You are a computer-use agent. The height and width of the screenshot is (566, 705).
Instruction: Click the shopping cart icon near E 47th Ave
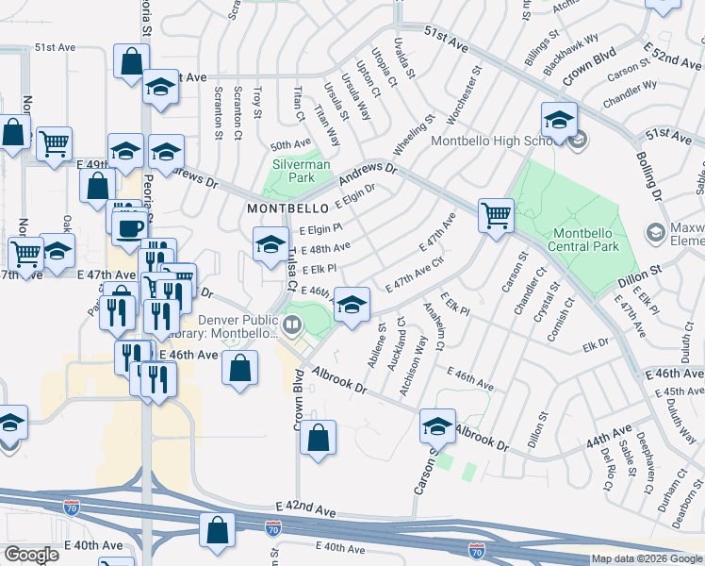(496, 216)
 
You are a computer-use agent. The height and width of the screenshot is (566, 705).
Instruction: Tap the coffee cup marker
(130, 226)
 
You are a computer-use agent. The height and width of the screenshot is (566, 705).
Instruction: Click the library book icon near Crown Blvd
(292, 327)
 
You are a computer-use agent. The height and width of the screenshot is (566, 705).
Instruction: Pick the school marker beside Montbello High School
(559, 121)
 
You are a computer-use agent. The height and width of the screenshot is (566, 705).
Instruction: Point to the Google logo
(31, 555)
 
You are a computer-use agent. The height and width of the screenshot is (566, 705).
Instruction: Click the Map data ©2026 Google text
(646, 558)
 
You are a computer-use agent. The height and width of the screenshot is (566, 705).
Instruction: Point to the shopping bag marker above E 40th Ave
(218, 532)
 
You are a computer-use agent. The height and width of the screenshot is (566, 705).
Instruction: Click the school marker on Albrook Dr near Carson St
(437, 427)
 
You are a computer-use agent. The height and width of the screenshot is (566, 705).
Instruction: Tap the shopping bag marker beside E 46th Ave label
(240, 369)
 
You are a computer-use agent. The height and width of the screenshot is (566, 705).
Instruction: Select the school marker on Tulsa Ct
(271, 244)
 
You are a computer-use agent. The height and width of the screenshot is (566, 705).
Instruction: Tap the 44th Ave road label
(608, 437)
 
